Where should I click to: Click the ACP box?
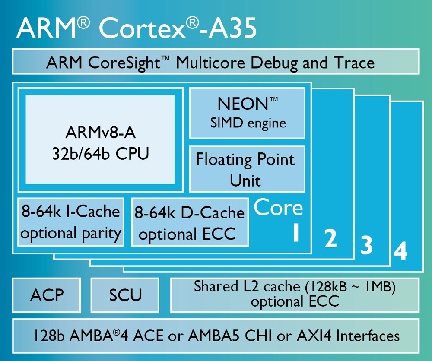pyautogui.click(x=47, y=295)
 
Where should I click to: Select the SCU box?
pyautogui.click(x=125, y=295)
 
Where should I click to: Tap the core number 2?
pyautogui.click(x=330, y=239)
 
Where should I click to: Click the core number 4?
pyautogui.click(x=400, y=251)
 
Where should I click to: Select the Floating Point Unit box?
pyautogui.click(x=247, y=169)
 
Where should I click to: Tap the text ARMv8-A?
pyautogui.click(x=100, y=133)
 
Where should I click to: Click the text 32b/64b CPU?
pyautogui.click(x=100, y=154)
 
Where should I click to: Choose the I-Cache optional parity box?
pyautogui.click(x=71, y=222)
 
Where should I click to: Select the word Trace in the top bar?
pyautogui.click(x=353, y=63)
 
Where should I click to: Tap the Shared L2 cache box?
pyautogui.click(x=295, y=295)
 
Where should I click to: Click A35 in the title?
pyautogui.click(x=231, y=28)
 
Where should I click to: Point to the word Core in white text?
pyautogui.click(x=278, y=208)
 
